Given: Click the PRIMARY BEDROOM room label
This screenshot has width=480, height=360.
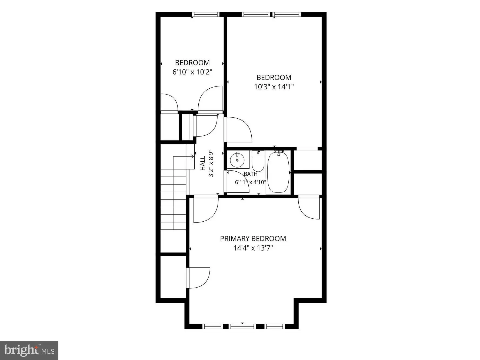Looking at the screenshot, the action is (253, 239).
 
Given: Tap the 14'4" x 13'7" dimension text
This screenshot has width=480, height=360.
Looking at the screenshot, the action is (253, 248).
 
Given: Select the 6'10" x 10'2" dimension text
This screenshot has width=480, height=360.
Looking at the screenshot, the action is (192, 72).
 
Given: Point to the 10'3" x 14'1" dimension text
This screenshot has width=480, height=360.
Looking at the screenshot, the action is (274, 87).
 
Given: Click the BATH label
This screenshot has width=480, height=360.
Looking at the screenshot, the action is (251, 174).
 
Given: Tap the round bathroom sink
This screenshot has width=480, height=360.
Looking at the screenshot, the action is (237, 160).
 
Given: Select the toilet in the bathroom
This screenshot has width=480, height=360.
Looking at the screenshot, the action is (258, 161).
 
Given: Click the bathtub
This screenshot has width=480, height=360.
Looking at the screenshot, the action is (278, 172).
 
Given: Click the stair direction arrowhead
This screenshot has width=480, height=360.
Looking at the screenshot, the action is (193, 156).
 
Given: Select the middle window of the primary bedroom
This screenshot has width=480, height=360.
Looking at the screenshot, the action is (242, 326).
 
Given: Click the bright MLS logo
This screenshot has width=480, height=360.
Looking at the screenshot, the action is (29, 350).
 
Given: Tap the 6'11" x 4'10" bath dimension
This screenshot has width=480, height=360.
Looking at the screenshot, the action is (251, 182).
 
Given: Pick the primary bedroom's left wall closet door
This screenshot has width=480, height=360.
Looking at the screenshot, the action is (198, 278).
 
